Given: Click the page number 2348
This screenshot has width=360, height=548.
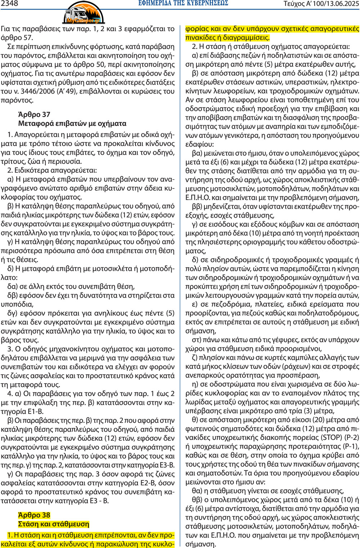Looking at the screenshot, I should click(10, 4).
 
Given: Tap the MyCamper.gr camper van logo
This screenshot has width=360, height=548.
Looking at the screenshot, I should click(84, 13).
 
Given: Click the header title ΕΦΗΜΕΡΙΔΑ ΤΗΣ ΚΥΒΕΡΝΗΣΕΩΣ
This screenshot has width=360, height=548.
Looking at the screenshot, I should click(183, 4).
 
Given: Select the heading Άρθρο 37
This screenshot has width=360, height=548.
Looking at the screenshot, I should click(34, 114).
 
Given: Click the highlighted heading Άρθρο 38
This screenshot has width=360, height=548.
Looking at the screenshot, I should click(34, 515).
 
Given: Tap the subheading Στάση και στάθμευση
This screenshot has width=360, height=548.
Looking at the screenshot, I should click(54, 524).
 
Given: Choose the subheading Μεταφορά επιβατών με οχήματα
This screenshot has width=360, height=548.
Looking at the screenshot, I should click(72, 123).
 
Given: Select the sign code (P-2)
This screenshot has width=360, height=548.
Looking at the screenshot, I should click(352, 438).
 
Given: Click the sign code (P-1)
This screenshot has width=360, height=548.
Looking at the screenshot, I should click(351, 447).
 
